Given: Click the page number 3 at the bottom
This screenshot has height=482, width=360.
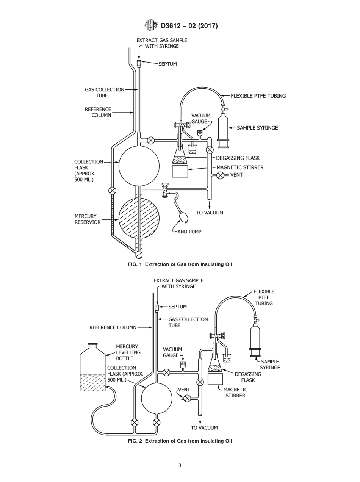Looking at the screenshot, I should pos(180,466).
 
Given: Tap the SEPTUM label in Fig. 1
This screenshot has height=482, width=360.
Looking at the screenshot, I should pos(167,64).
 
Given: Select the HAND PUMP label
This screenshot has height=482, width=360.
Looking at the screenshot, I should pos(188,232).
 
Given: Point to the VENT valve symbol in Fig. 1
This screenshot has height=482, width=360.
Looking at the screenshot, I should pos(220,175).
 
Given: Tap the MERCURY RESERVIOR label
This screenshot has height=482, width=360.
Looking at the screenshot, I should pos(88,219).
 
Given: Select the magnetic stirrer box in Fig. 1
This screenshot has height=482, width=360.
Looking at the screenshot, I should pos(180,171).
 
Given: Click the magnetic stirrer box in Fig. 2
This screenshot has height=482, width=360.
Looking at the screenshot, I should pos(215,379).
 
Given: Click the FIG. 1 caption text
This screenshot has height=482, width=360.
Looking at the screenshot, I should pos(180,264).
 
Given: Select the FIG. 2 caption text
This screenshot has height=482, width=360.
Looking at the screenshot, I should pos(180,441).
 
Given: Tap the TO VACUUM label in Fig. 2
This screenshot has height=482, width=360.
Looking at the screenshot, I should pos(204,428).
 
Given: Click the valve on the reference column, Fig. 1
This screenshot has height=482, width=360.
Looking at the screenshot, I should pos(112,191).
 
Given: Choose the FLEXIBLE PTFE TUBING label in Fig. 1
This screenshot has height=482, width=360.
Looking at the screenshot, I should pos(258,96).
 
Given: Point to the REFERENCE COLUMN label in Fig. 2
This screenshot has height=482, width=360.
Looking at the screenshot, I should pos(113,327).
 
